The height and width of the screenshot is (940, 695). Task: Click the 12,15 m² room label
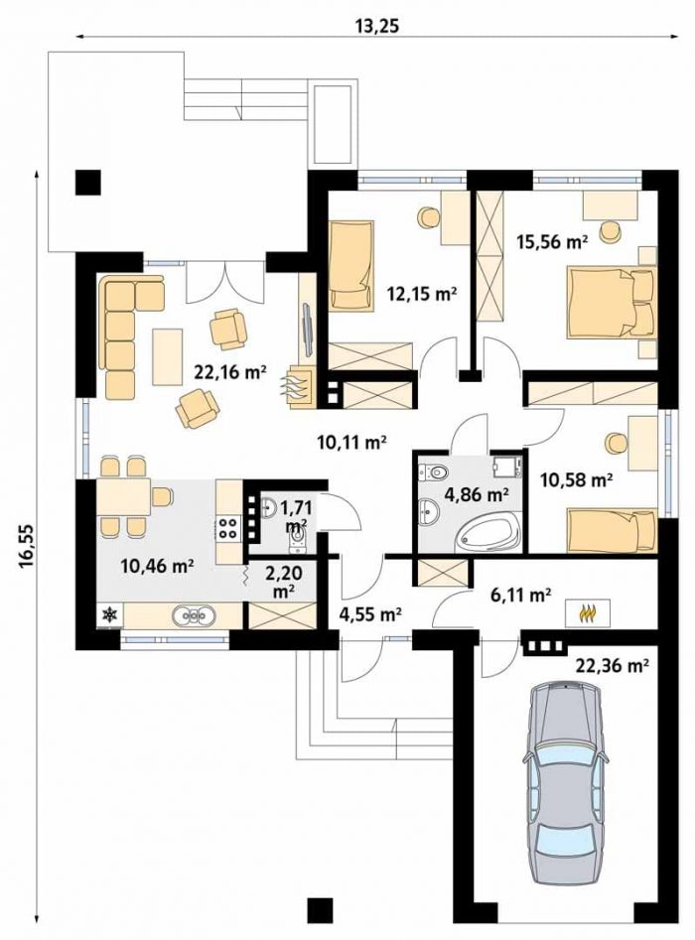[x=422, y=295]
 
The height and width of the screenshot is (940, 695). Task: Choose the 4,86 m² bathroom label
[x=477, y=494]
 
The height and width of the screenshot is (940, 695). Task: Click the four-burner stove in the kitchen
[x=228, y=528]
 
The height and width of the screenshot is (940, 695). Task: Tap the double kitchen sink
[x=194, y=615]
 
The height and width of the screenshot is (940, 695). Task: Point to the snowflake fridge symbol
[x=110, y=614]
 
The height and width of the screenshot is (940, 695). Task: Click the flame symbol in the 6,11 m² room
[x=588, y=612]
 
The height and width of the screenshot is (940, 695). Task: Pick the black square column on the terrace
[x=87, y=183]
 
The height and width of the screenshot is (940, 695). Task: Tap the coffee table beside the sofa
[x=168, y=356]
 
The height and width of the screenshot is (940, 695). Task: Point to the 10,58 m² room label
[x=576, y=480]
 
